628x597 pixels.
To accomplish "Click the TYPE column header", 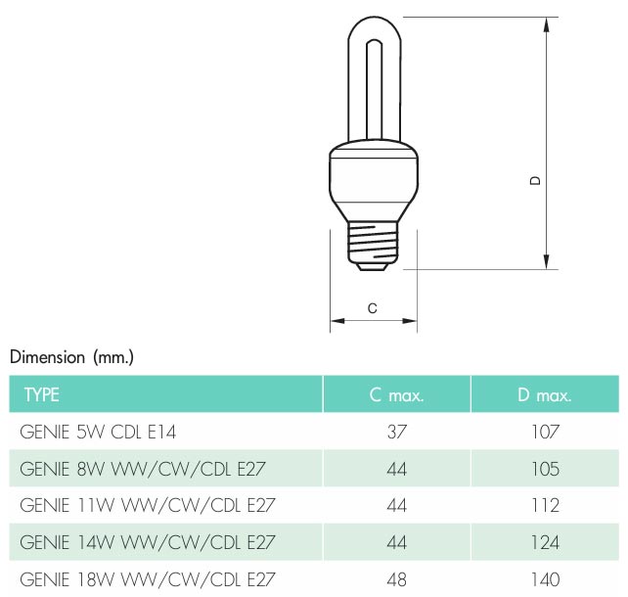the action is click(42, 395).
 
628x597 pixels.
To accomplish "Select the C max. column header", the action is click(396, 395).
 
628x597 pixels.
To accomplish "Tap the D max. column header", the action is click(545, 395).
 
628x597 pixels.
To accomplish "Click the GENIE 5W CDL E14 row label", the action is click(98, 432).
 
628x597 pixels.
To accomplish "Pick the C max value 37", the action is click(397, 432).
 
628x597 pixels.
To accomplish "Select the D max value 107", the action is click(545, 432).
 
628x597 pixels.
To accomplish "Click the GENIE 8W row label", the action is click(143, 469).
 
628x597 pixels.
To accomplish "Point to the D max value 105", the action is click(545, 469).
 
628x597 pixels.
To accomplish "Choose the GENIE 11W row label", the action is click(148, 505).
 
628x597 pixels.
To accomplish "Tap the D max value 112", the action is click(545, 505).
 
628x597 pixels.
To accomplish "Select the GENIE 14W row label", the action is click(148, 542).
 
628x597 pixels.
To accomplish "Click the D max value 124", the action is click(545, 542).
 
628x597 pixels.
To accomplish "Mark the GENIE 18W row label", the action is click(148, 579).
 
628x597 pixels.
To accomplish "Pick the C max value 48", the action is click(397, 579).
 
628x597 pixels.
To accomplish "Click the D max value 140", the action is click(545, 579).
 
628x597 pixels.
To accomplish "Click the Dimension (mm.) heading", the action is click(71, 357).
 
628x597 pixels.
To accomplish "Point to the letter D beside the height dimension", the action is click(535, 181).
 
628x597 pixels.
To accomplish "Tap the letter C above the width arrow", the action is click(373, 308).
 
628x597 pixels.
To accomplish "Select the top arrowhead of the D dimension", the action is click(547, 24).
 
